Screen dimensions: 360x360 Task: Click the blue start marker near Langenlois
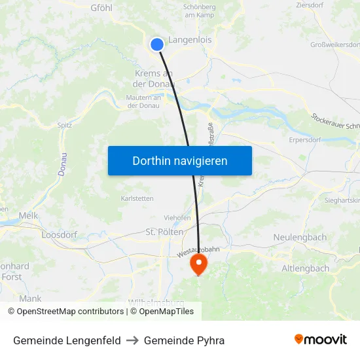pyautogui.click(x=157, y=45)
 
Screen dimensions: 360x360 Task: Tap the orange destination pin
pyautogui.click(x=198, y=264)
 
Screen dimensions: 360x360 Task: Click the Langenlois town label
pyautogui.click(x=190, y=40)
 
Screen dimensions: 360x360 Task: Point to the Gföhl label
pyautogui.click(x=101, y=8)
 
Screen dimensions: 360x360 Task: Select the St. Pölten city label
pyautogui.click(x=164, y=232)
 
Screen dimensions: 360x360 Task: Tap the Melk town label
pyautogui.click(x=29, y=215)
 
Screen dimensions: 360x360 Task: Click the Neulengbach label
pyautogui.click(x=300, y=236)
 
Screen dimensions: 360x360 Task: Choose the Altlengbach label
pyautogui.click(x=305, y=268)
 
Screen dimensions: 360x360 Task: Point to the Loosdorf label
pyautogui.click(x=60, y=234)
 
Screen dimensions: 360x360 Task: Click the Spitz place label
pyautogui.click(x=65, y=125)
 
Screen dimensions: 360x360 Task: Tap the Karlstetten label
pyautogui.click(x=137, y=198)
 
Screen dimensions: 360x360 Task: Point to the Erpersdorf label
pyautogui.click(x=306, y=139)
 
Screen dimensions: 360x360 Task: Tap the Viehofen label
pyautogui.click(x=177, y=218)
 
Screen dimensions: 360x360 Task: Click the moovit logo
pyautogui.click(x=320, y=340)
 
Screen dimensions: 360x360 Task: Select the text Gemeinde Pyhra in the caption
pyautogui.click(x=184, y=340)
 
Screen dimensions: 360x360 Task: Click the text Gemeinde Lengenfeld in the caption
pyautogui.click(x=67, y=340)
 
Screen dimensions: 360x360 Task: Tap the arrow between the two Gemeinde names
pyautogui.click(x=132, y=340)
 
